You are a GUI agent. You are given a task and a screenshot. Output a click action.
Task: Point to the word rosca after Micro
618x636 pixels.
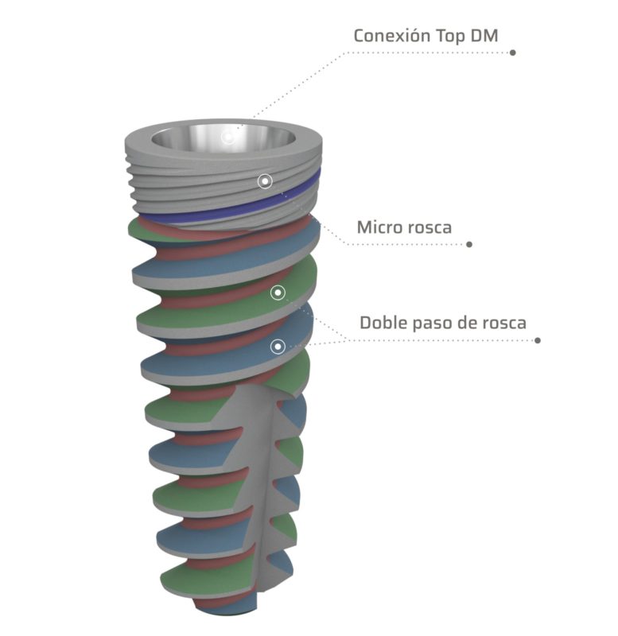click(430, 227)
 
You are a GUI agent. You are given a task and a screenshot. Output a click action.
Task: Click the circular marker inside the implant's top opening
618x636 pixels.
click(228, 138)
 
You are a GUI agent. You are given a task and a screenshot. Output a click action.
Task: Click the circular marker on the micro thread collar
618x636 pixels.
click(265, 181)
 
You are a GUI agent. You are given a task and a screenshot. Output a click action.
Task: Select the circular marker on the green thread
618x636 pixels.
click(278, 293)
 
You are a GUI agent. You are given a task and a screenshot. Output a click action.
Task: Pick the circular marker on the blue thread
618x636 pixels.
click(278, 346)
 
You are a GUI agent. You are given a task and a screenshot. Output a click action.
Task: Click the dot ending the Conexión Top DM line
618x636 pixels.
click(513, 53)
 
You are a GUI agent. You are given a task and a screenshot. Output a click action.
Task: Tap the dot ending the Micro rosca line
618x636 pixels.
click(469, 244)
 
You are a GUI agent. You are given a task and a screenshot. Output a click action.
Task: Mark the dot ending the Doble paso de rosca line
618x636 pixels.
click(538, 340)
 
